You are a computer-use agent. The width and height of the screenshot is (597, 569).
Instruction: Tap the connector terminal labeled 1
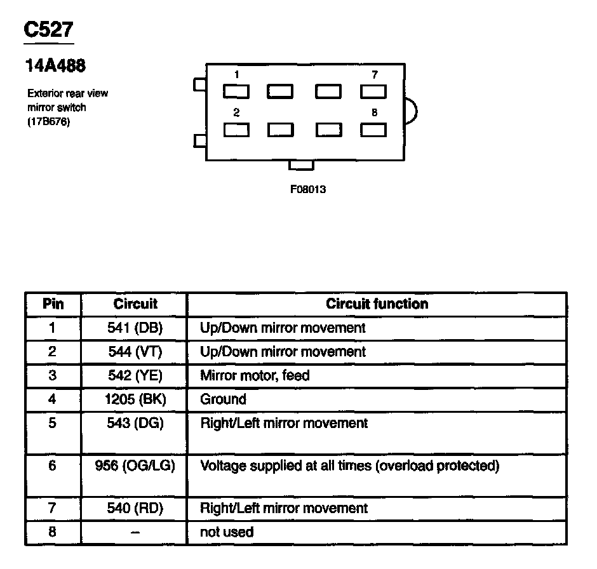(x=236, y=92)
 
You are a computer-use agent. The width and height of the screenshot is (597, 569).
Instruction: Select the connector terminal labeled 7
(x=373, y=92)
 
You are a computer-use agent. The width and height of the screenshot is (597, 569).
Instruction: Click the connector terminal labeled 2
(x=236, y=130)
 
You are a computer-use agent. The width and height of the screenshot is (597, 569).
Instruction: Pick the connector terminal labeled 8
(x=373, y=130)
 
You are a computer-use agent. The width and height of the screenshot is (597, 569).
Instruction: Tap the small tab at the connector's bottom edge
(x=301, y=165)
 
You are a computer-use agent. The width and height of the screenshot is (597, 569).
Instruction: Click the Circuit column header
(x=135, y=304)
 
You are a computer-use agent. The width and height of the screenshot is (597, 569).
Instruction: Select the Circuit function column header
(x=377, y=304)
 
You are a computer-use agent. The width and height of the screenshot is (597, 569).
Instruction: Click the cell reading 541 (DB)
(x=135, y=328)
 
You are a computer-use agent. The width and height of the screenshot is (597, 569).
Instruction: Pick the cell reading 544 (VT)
(x=135, y=352)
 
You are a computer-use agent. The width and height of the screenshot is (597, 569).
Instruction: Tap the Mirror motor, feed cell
(x=255, y=375)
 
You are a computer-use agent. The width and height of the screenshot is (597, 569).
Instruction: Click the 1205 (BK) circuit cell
(x=135, y=399)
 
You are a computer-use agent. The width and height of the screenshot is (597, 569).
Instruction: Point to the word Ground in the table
(x=223, y=399)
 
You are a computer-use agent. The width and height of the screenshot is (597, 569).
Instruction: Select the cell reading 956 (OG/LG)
(x=135, y=466)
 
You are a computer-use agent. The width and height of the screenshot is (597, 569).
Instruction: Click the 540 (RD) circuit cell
(x=135, y=508)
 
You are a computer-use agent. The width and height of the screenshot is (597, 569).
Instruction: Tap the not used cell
(x=227, y=532)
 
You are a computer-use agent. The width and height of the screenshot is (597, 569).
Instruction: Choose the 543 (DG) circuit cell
(x=135, y=423)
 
